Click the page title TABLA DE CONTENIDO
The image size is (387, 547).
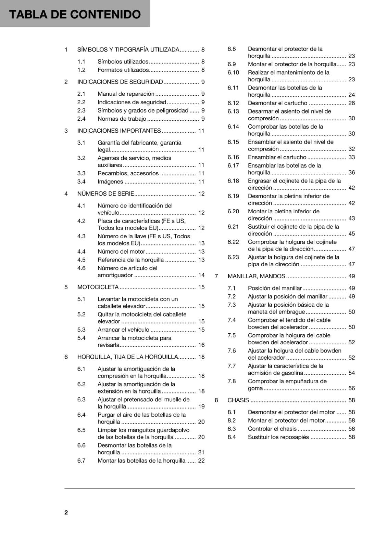tap(75, 14)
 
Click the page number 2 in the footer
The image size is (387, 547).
tap(66, 512)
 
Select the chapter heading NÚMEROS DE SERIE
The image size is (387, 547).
tap(105, 194)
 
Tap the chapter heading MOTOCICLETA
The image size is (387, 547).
tap(98, 287)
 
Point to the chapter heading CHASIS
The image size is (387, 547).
tap(238, 400)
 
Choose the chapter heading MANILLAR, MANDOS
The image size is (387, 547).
tap(256, 276)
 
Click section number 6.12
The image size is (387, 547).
tap(233, 103)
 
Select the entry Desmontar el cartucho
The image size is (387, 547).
tap(277, 103)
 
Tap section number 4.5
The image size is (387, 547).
tap(81, 260)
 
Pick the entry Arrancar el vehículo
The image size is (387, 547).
tap(123, 330)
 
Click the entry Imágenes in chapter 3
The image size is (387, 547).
tap(110, 182)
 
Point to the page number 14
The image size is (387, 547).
tap(201, 275)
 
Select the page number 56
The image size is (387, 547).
tap(352, 388)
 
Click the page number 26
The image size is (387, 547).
tap(352, 103)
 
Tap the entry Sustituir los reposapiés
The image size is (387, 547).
tap(278, 437)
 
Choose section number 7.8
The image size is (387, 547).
tap(232, 381)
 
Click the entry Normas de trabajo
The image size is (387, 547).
tap(122, 119)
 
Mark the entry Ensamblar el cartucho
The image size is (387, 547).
tap(277, 157)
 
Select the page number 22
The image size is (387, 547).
tap(201, 461)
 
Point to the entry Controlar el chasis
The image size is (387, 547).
tap(272, 429)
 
